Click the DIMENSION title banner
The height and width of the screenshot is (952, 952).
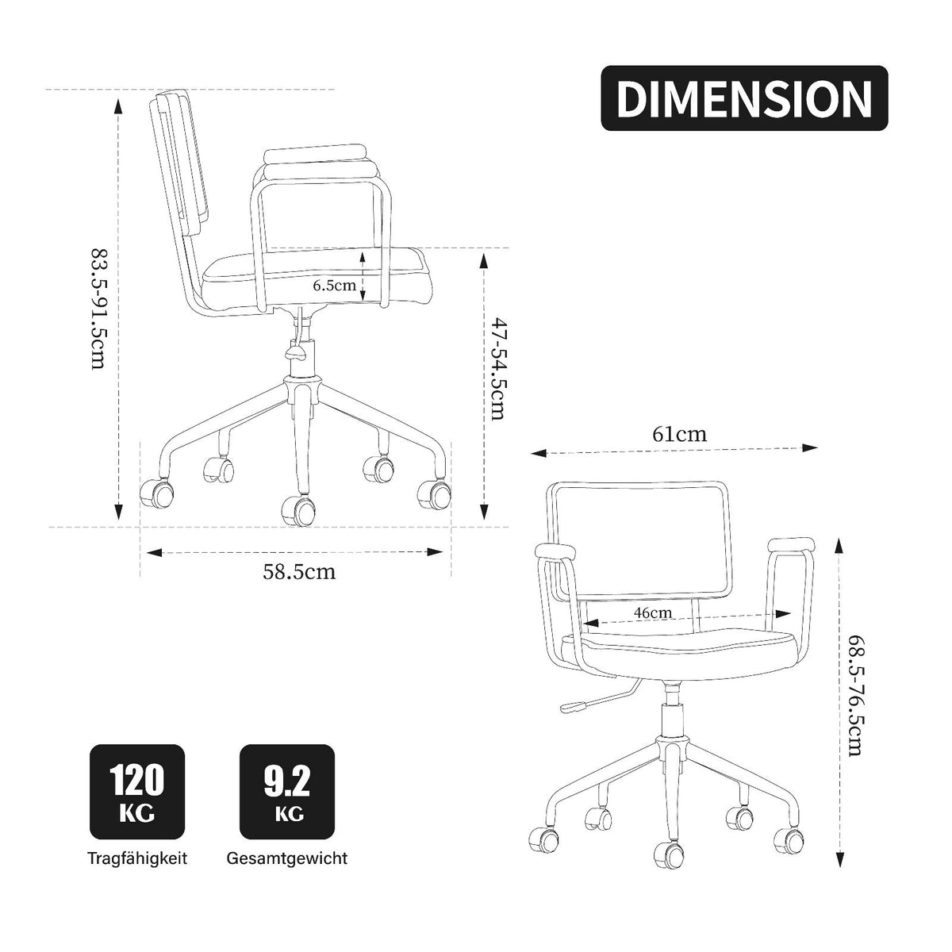click(x=744, y=98)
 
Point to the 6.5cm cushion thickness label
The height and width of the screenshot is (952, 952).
click(x=335, y=286)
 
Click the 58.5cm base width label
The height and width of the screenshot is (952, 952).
click(x=299, y=571)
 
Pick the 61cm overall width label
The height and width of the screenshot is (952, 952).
click(x=679, y=434)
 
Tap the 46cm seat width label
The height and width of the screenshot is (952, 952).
click(x=653, y=612)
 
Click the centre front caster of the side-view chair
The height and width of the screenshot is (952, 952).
click(x=298, y=510)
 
